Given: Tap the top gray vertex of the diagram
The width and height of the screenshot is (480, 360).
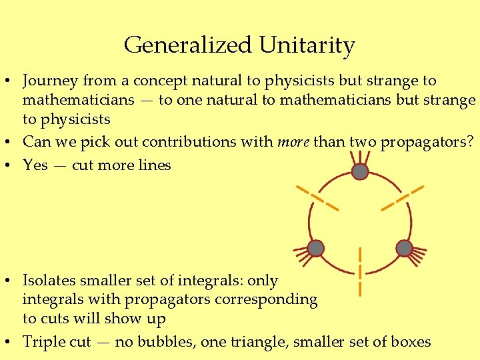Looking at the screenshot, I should [360, 171].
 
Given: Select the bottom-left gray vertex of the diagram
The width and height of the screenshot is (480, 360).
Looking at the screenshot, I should [316, 249].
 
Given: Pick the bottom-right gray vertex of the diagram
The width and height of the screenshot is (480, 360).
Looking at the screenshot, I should [404, 248].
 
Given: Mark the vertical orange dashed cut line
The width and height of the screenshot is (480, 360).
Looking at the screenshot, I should [360, 271].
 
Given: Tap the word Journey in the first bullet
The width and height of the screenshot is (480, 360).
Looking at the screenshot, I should [50, 81].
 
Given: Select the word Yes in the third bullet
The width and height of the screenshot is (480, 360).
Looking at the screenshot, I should [35, 165].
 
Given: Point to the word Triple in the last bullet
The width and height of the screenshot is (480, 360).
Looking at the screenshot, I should [44, 342].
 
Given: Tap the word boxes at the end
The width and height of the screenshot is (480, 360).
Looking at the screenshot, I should [409, 342].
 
